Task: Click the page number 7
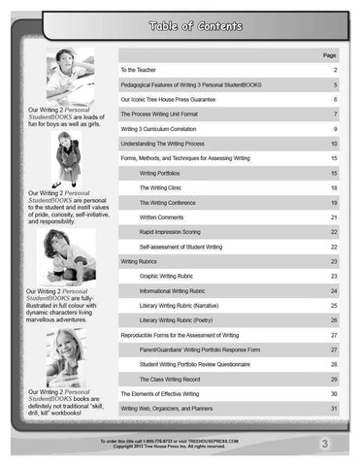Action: point(334,114)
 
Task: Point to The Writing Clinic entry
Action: point(162,186)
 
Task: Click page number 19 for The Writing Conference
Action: point(334,201)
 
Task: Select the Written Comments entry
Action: point(162,216)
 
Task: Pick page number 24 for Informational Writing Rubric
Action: point(334,291)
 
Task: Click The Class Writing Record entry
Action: point(170,378)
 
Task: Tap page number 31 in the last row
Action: point(334,409)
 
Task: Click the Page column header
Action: point(331,55)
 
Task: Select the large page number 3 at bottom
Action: point(331,445)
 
